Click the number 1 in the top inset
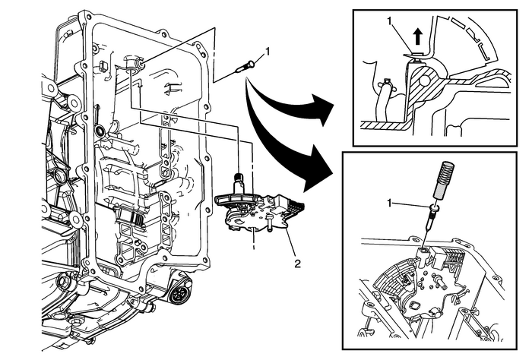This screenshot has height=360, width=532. pyautogui.click(x=391, y=24)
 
